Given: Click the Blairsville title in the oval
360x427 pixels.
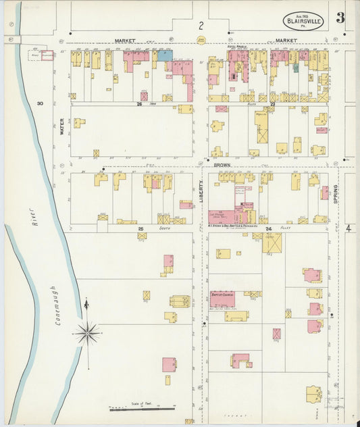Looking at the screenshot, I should [x=303, y=21].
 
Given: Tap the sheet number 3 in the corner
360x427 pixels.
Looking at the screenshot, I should [x=340, y=18].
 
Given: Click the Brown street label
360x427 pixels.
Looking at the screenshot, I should [x=222, y=164].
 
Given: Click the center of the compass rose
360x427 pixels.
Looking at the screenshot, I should [x=88, y=333].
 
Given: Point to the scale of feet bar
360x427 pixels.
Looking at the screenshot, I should [x=142, y=409].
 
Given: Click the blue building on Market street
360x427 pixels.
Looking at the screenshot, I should [x=164, y=56].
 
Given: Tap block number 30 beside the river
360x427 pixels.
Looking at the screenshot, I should [x=40, y=103].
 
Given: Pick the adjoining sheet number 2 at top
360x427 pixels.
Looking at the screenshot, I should [x=201, y=26].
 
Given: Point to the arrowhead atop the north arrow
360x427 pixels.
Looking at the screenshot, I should [x=86, y=303].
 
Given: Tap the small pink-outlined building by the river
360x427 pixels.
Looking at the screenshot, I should [x=47, y=55].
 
